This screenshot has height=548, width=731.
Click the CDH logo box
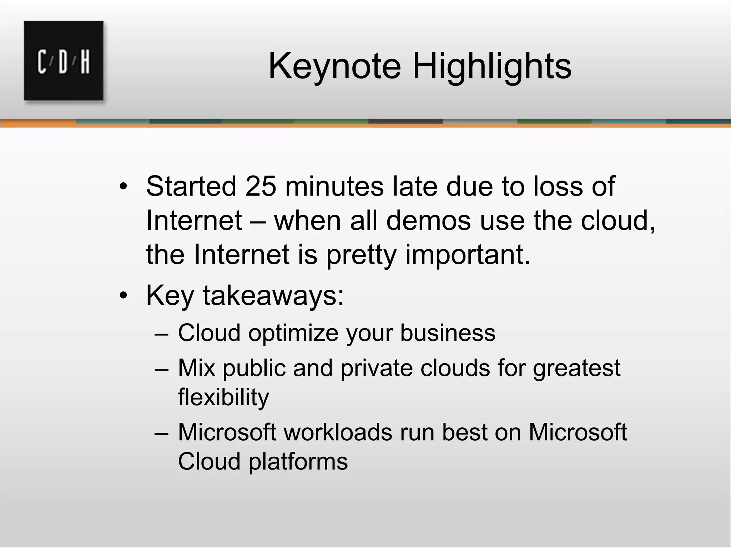(64, 61)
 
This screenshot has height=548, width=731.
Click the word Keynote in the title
(334, 66)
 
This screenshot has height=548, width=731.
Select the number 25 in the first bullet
(261, 186)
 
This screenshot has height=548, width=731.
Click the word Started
(191, 186)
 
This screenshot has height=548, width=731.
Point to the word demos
(428, 220)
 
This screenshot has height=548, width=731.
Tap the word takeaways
(273, 295)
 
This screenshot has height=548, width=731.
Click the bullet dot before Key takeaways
(123, 296)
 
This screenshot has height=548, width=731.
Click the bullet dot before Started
(123, 187)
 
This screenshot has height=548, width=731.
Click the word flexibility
(223, 397)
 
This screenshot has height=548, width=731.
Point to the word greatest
(576, 368)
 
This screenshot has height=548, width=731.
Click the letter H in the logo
(85, 62)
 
